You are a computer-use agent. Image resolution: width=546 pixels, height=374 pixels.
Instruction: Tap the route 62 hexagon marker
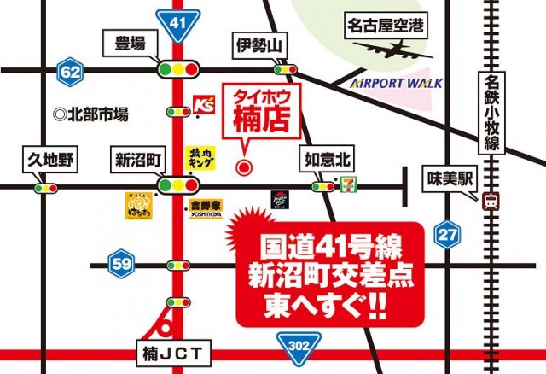point(69,73)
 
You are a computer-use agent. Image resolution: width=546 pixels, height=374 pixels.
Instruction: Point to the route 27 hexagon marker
point(445,235)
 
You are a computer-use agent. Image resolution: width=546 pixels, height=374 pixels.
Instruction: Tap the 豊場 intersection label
point(130,44)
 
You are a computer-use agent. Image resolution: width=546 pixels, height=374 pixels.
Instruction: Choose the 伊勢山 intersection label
point(256,44)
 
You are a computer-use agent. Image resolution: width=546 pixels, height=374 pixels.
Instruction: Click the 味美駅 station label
point(446,178)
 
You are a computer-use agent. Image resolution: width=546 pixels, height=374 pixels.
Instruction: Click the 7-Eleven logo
point(346,183)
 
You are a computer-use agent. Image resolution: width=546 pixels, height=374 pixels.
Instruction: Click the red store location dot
point(245,167)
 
